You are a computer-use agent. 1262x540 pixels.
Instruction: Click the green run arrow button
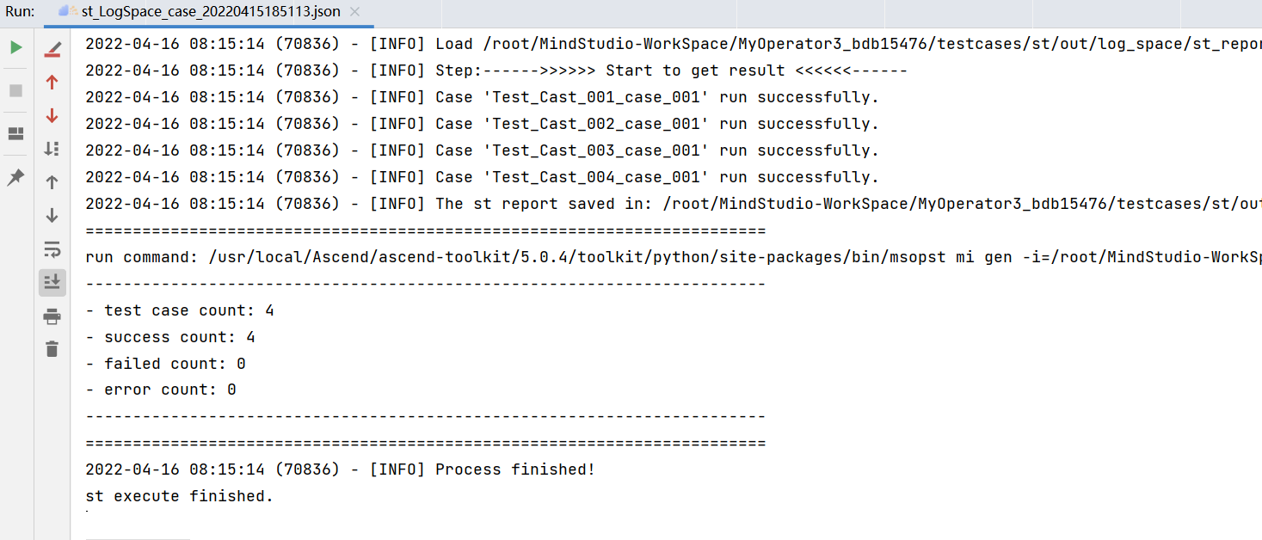pos(15,47)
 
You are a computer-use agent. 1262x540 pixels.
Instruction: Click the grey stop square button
pos(15,90)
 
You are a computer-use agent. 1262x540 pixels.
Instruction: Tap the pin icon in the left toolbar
pos(15,177)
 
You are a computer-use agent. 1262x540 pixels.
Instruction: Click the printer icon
pos(52,316)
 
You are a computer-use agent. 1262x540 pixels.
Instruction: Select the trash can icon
pos(52,349)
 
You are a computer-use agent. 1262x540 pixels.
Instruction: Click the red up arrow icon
pos(52,83)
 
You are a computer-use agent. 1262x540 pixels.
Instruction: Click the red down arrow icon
pos(52,116)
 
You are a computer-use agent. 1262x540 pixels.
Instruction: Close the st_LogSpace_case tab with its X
pos(354,11)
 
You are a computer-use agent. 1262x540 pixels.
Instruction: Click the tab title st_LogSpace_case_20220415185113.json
pos(211,11)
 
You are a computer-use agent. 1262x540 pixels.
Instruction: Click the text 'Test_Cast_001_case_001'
pos(596,97)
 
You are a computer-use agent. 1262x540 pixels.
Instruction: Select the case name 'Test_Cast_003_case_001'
pos(596,150)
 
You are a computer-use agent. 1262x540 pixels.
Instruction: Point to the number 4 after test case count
pos(269,310)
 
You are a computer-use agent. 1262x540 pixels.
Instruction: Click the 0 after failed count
pos(241,364)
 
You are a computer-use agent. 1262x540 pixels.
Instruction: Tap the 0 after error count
pos(231,390)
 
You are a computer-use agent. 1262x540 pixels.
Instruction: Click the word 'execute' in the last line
pos(146,496)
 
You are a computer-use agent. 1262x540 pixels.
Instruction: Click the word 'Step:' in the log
pos(459,71)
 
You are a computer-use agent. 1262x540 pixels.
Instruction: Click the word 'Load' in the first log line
pos(454,44)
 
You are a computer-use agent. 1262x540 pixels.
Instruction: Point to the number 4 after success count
pos(250,337)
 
